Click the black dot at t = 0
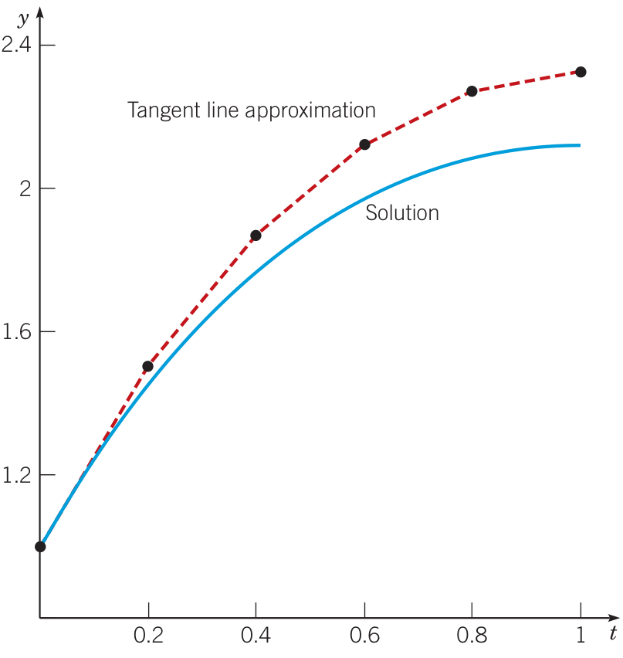40,547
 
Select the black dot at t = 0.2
148,366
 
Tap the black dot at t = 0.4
256,236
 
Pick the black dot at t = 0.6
364,144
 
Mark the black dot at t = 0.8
472,91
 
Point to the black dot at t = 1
581,72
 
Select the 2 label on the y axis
23,188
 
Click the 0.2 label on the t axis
148,637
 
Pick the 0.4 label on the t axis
256,637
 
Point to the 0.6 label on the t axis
364,637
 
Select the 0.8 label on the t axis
472,637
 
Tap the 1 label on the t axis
581,637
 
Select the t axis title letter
612,636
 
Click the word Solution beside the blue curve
402,213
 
